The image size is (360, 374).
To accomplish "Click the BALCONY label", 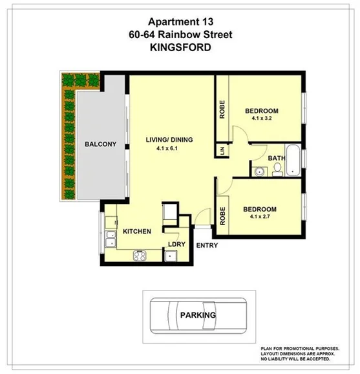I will [x=100, y=144].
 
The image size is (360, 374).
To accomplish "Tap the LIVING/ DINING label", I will [x=169, y=140].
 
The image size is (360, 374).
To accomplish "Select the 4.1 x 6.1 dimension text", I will [x=166, y=149].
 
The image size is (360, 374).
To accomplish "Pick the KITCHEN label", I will [x=136, y=231].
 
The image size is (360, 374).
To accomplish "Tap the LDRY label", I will [x=176, y=244].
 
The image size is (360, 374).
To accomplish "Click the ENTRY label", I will [x=206, y=245].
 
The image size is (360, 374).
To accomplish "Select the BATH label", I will [x=277, y=158].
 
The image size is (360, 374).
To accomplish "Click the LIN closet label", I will [x=222, y=150].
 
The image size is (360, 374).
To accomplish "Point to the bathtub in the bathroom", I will [x=294, y=161].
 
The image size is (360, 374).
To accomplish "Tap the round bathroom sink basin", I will [x=260, y=171].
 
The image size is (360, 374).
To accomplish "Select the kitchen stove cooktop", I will [x=140, y=255].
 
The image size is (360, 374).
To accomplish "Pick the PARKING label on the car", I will [x=197, y=316].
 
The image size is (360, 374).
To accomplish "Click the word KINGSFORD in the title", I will [x=180, y=48].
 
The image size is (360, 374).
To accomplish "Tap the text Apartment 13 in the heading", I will [x=180, y=21].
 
